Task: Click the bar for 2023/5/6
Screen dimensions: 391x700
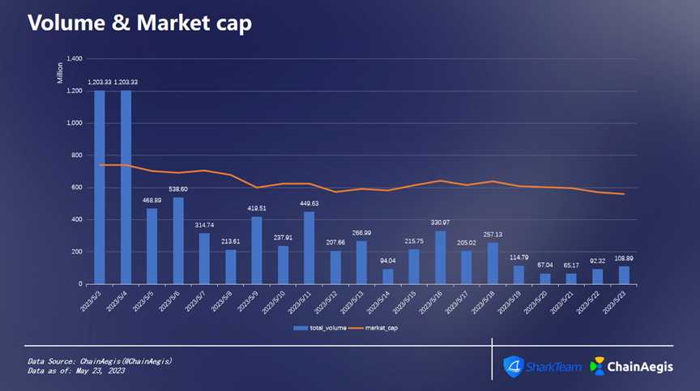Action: pos(178,240)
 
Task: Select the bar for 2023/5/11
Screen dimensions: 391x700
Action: pos(309,248)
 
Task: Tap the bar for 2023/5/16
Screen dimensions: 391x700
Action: pos(441,257)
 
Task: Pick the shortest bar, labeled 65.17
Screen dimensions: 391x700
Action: pos(572,278)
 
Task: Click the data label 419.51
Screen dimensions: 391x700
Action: pos(257,208)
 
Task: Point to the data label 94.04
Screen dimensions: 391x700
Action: pos(388,261)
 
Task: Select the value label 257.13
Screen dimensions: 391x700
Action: pos(493,234)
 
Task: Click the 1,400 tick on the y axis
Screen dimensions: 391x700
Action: pos(74,59)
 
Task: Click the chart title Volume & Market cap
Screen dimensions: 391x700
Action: pos(139,23)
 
